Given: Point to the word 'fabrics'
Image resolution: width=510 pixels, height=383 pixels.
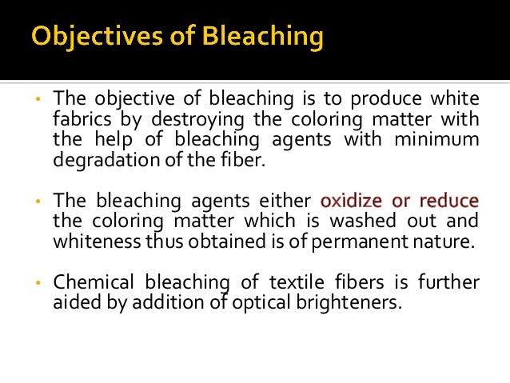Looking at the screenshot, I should [81, 119].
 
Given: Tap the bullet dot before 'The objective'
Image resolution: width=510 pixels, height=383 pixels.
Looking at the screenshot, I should [37, 100].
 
